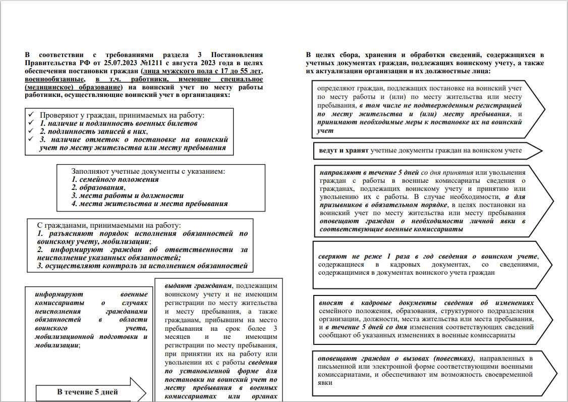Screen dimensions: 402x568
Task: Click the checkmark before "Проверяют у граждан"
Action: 31,115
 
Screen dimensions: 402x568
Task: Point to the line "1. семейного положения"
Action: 115,179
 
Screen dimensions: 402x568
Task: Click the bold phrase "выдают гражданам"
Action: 199,284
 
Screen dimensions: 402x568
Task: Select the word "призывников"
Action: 342,205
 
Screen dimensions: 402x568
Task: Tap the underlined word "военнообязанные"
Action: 54,79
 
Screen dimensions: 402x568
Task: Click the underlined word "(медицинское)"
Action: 49,87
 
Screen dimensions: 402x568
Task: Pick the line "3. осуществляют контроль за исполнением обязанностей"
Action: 143,266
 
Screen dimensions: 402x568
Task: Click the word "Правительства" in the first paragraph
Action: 50,63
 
